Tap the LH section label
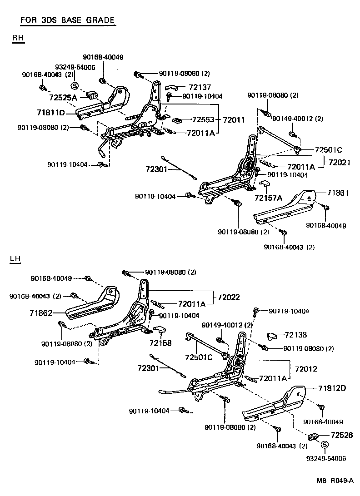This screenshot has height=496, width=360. [15, 259]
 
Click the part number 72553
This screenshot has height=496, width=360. [203, 120]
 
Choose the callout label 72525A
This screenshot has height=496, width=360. [63, 97]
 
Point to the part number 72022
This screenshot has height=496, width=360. [229, 297]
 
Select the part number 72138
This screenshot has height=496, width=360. [295, 335]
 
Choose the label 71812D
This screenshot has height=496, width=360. [332, 388]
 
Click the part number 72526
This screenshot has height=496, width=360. [342, 435]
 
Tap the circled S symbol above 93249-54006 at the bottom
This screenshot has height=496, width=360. [325, 445]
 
